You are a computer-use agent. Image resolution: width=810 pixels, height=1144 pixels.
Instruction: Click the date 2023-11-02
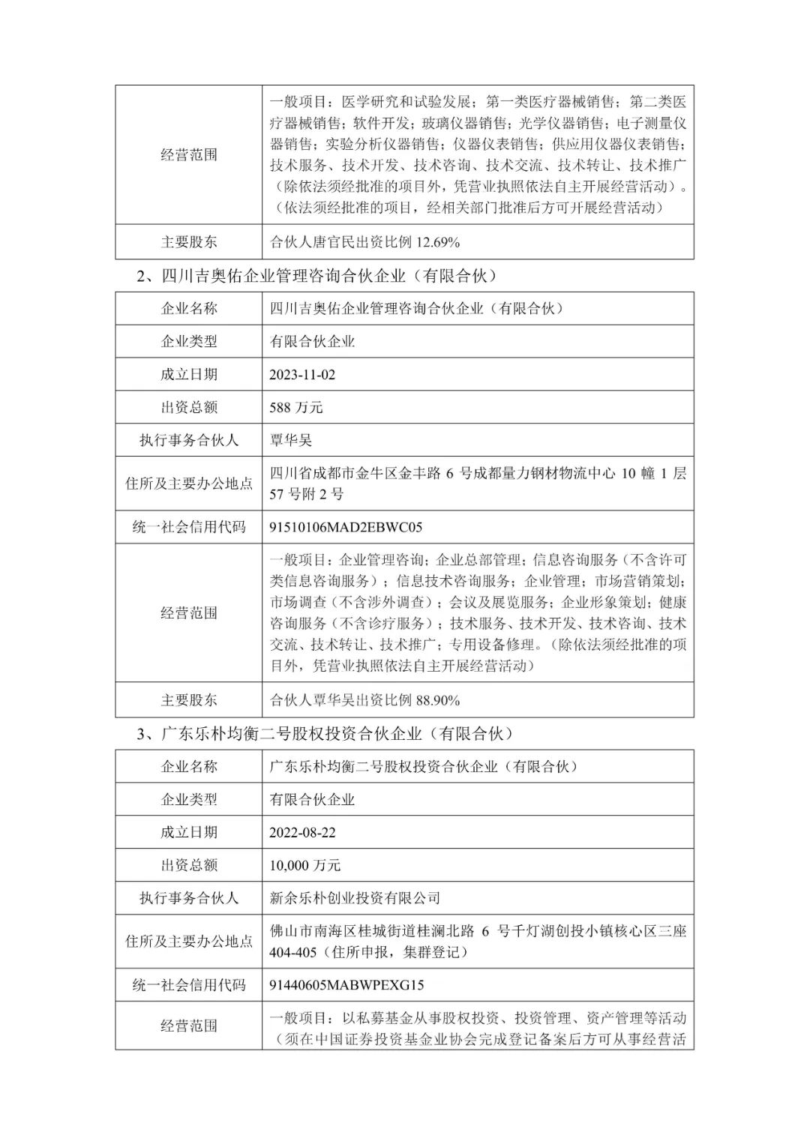[x=302, y=375]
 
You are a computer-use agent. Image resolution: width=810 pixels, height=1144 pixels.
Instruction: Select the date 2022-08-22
[x=302, y=832]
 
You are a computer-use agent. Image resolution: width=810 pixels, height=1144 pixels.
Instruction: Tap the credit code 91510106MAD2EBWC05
[x=346, y=527]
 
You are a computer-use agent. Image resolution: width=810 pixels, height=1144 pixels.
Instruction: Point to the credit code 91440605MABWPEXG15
[x=346, y=985]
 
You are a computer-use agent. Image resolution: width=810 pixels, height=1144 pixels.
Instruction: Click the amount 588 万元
[x=296, y=408]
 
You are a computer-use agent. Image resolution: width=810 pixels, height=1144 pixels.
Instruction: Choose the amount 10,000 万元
[x=305, y=865]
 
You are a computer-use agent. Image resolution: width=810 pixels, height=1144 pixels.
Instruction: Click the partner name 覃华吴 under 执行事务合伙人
[x=290, y=440]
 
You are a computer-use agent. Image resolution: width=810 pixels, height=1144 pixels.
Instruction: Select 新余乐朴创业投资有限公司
[x=355, y=898]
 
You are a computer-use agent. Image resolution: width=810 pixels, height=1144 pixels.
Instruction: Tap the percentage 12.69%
[x=436, y=242]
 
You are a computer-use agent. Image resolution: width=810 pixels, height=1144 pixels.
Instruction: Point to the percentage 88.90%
[x=436, y=700]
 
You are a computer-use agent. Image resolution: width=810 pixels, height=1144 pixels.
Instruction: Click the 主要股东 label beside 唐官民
[x=189, y=242]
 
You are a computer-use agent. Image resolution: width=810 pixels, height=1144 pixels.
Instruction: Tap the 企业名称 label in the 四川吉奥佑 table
[x=189, y=308]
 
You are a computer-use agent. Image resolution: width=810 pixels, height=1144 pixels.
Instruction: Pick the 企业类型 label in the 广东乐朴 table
[x=189, y=799]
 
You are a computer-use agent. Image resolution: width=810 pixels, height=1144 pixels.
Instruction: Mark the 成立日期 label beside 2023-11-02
[x=189, y=375]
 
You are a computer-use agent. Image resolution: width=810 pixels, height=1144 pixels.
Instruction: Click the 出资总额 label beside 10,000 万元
[x=189, y=865]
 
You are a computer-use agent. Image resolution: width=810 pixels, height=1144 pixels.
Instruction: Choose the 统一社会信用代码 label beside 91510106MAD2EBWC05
[x=189, y=527]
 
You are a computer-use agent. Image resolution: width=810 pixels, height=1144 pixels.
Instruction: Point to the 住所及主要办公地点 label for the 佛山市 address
[x=189, y=942]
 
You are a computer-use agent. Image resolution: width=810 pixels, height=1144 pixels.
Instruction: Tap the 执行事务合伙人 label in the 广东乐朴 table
[x=189, y=898]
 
